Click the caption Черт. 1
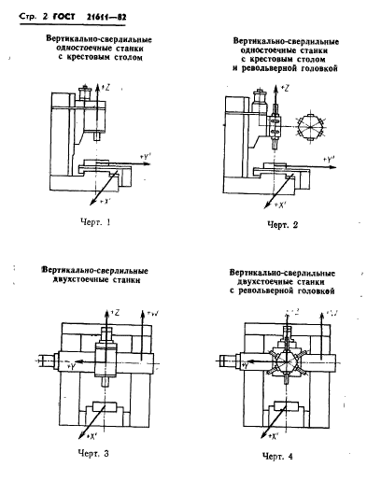tap(95, 222)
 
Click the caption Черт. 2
tap(283, 224)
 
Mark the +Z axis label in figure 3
tap(113, 312)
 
